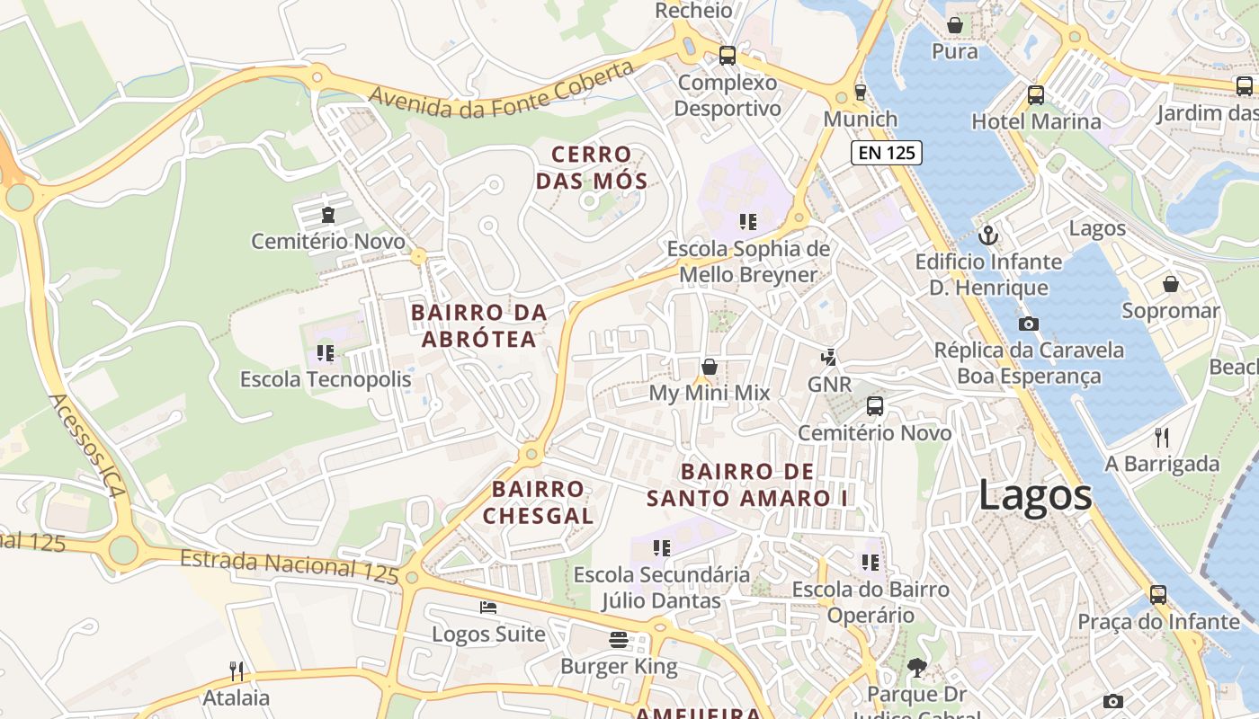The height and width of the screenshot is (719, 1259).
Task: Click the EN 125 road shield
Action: [x=887, y=153]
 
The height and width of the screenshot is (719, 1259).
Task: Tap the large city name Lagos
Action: [x=1035, y=495]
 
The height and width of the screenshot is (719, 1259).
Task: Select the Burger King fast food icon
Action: [x=619, y=640]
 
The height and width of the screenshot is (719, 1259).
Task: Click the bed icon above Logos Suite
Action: [x=488, y=608]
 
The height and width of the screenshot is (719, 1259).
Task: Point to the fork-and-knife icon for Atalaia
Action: [x=237, y=670]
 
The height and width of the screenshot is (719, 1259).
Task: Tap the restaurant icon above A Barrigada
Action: [x=1162, y=438]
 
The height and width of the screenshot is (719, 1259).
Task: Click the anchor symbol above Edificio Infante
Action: [x=988, y=235]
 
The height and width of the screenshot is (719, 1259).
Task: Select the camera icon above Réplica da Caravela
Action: [x=1029, y=324]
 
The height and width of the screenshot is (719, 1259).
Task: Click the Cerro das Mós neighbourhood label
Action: [x=592, y=168]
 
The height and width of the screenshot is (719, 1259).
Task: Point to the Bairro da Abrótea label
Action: [x=478, y=325]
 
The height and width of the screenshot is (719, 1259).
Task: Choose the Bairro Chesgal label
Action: [x=538, y=502]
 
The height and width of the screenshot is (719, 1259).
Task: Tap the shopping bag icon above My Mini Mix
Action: [x=710, y=367]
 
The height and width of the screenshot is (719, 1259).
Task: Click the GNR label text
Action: [x=829, y=385]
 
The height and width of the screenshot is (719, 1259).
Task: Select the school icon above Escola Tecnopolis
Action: [x=326, y=353]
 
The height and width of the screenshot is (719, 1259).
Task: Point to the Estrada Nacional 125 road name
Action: [x=289, y=566]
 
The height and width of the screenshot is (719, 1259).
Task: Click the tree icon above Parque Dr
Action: [x=916, y=668]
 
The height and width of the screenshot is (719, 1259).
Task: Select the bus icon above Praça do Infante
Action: [x=1158, y=594]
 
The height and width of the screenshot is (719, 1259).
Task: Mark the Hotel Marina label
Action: [x=1036, y=121]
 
